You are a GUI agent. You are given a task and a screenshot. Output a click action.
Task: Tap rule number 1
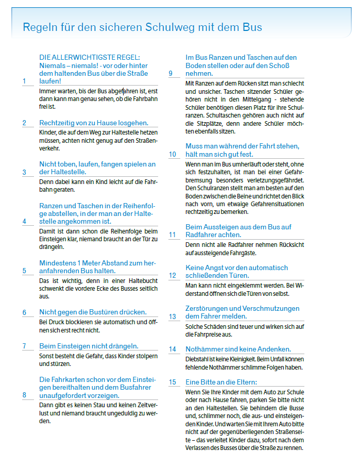24,81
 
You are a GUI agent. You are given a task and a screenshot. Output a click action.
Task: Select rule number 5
24,271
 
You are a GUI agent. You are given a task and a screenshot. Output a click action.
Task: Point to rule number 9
170,73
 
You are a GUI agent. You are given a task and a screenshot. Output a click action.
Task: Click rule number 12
173,275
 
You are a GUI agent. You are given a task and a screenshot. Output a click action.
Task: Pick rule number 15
173,382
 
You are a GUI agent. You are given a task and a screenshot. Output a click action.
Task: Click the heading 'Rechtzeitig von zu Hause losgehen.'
94,123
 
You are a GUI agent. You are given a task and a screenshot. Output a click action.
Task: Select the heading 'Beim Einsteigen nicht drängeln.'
89,346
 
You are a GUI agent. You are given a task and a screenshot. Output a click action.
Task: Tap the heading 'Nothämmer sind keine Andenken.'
238,349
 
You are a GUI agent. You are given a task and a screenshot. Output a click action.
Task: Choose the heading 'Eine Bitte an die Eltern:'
221,382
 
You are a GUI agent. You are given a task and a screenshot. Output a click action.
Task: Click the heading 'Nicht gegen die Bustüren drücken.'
93,312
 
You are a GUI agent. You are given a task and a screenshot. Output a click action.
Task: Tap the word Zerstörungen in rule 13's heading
208,308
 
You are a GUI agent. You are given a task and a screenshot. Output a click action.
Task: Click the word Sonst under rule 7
47,356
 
